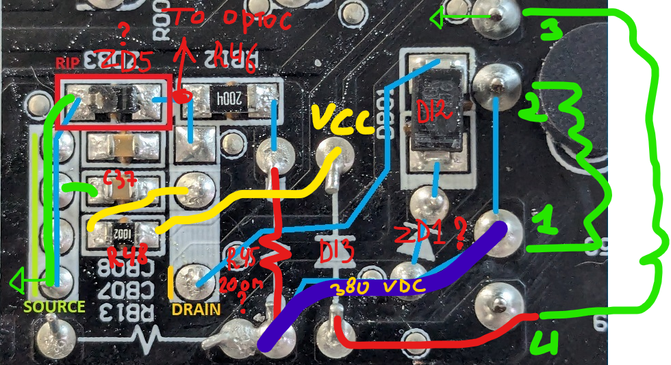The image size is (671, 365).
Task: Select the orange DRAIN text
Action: pyautogui.click(x=196, y=309)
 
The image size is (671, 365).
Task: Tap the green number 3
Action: pyautogui.click(x=550, y=29)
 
